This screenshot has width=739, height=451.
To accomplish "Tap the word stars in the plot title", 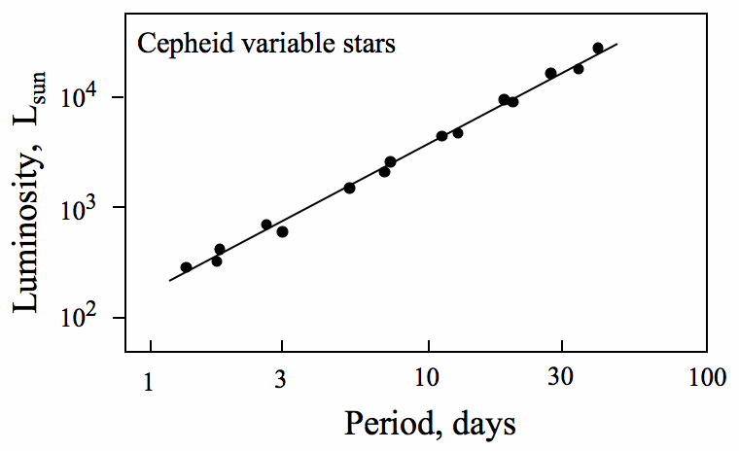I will pos(370,45).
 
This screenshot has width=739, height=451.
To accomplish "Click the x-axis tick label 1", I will pos(149,380).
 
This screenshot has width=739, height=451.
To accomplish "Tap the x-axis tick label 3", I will pos(281,380).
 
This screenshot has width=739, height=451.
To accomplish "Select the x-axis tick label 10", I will pos(428,380).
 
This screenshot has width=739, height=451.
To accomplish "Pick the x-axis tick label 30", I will pos(560,380).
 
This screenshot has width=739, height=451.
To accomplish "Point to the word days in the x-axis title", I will pos(482,424).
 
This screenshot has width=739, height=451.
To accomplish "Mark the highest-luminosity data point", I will pos(598,48).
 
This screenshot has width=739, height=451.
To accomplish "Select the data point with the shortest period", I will pos(186,267).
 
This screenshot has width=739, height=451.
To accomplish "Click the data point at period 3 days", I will pos(282,231).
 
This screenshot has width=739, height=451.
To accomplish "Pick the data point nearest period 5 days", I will pos(349,188).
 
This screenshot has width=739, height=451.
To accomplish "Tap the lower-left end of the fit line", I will pos(169,281).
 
